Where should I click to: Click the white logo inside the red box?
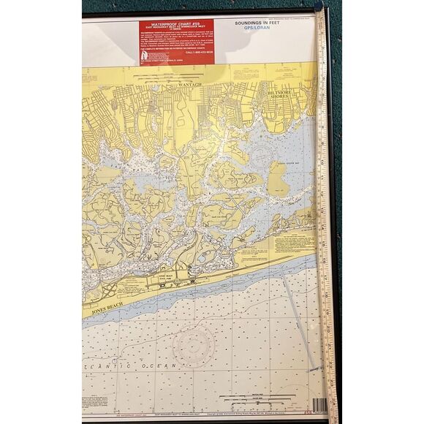pyautogui.click(x=145, y=55)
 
